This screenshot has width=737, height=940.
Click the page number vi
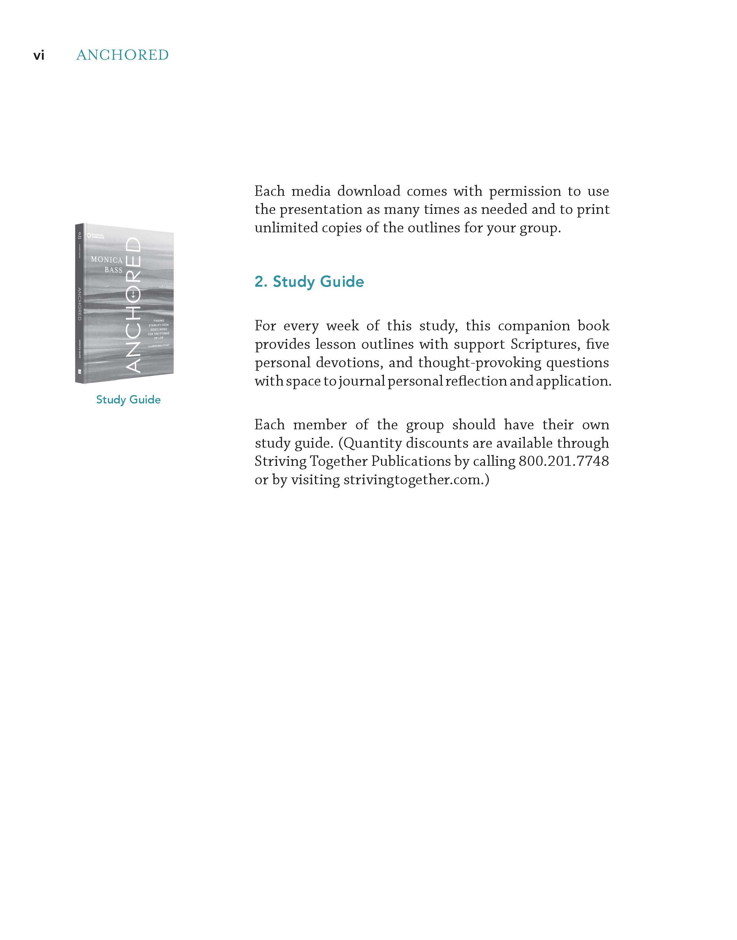pyautogui.click(x=39, y=56)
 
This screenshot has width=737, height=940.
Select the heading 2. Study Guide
pyautogui.click(x=309, y=282)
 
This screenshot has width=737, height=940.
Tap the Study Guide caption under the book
pyautogui.click(x=128, y=400)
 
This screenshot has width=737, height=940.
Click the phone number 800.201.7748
pyautogui.click(x=563, y=461)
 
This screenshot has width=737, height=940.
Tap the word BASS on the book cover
pyautogui.click(x=114, y=270)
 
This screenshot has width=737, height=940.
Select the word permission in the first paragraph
pyautogui.click(x=525, y=191)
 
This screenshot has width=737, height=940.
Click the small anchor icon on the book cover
pyautogui.click(x=133, y=294)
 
